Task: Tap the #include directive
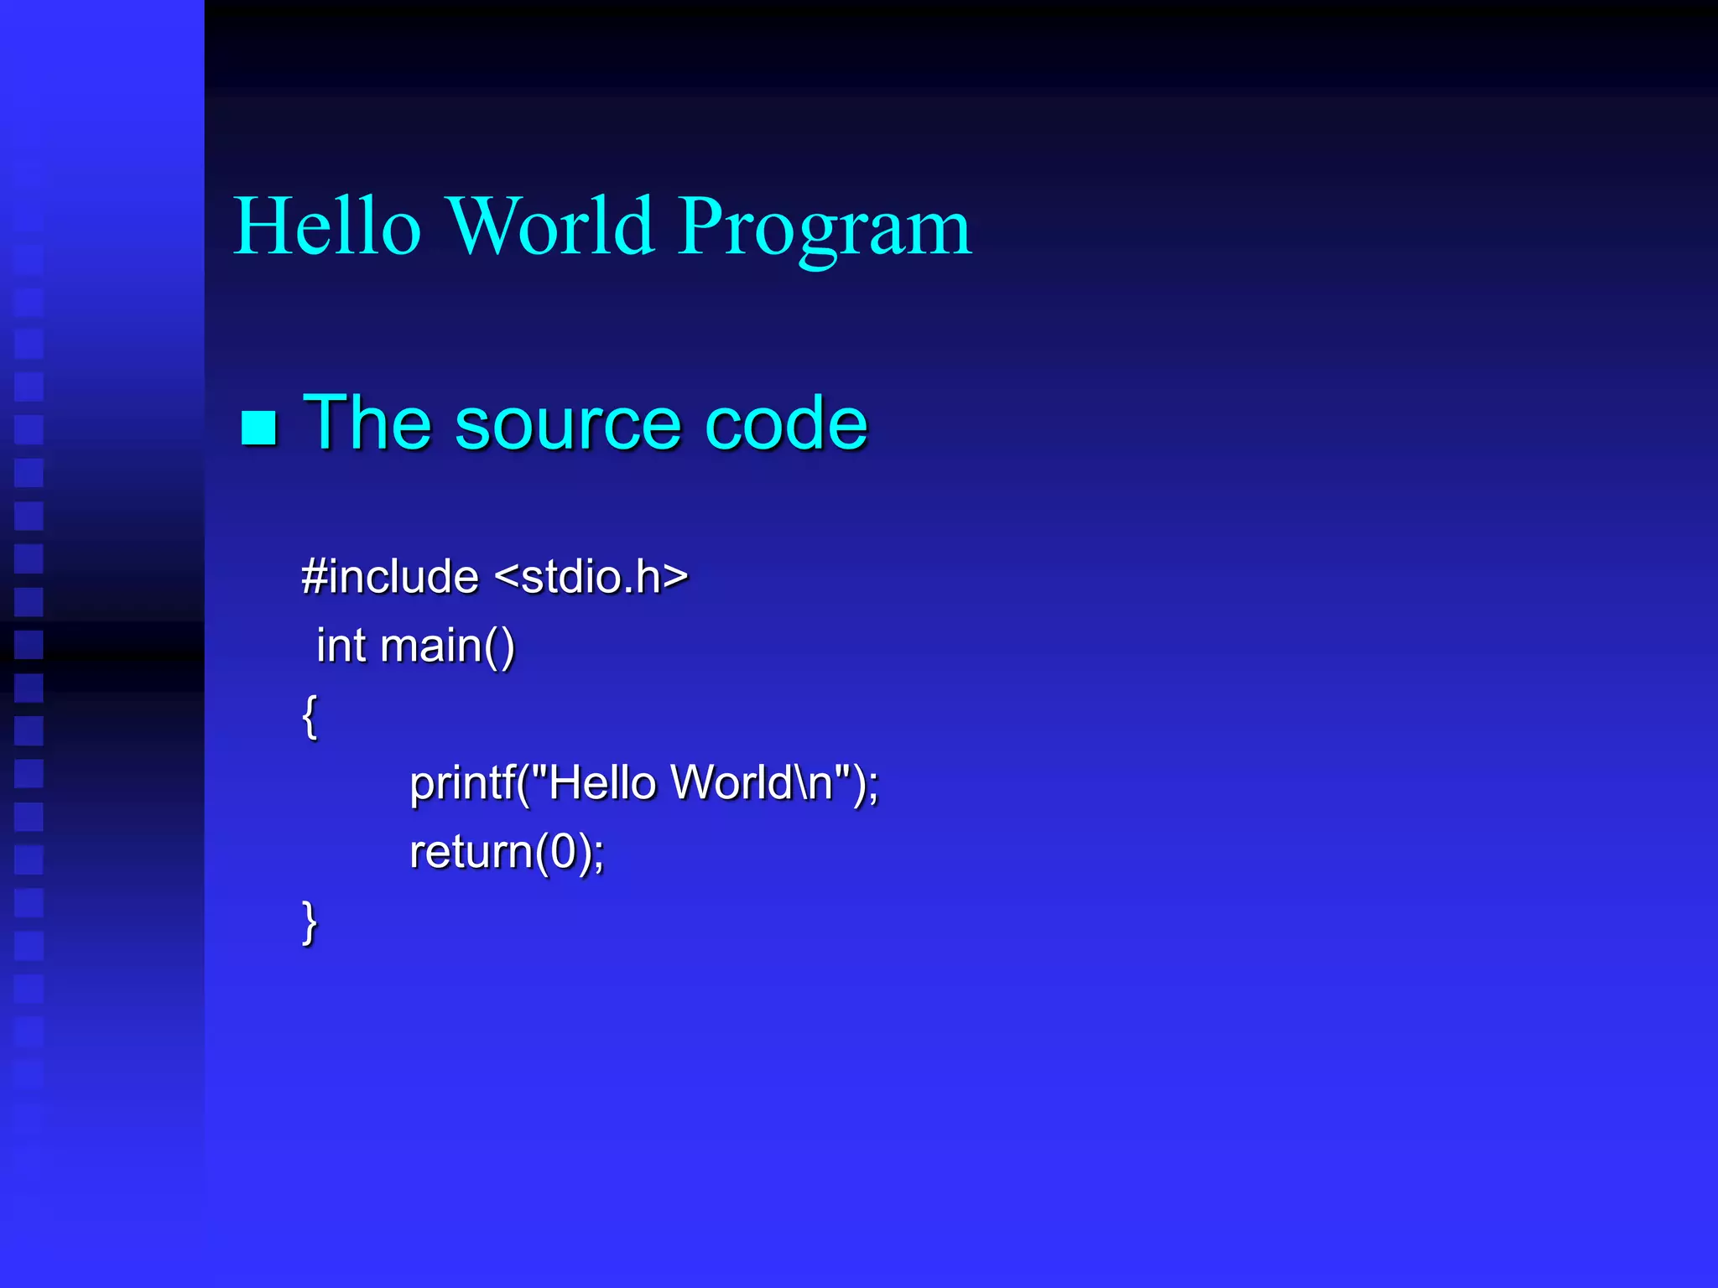390,576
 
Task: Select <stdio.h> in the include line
591,576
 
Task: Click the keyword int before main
341,646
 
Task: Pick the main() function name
447,647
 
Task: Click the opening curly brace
310,715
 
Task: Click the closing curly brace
310,922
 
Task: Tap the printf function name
462,783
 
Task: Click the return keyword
471,852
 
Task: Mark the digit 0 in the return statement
563,852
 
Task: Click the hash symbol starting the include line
314,576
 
